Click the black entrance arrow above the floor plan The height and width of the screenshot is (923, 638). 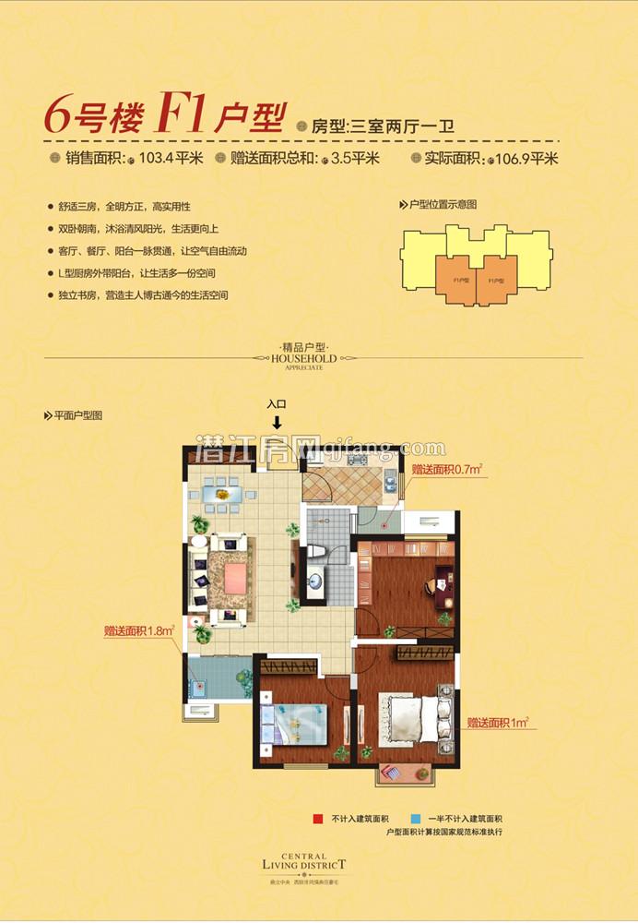[x=277, y=422]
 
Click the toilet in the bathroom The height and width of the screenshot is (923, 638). [x=316, y=551]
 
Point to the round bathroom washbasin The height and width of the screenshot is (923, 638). [x=315, y=581]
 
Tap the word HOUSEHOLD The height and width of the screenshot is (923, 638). [x=303, y=358]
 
